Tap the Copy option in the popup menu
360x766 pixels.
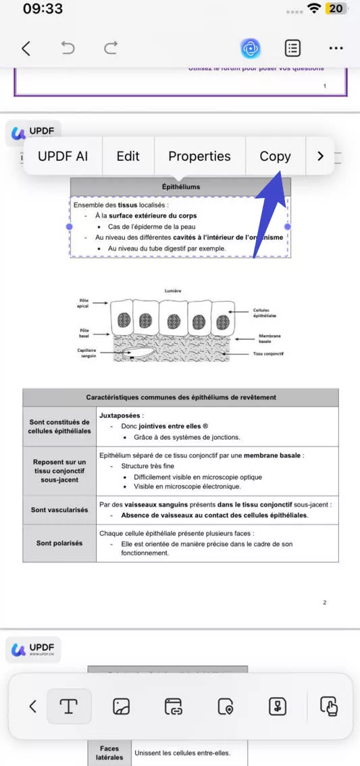pos(275,156)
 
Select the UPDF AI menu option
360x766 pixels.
pos(63,156)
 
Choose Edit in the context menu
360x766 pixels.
pos(128,156)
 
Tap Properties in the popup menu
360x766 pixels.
pos(199,156)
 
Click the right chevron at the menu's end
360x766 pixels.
pos(320,156)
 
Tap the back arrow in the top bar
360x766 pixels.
pos(26,48)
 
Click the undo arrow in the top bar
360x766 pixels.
pos(68,48)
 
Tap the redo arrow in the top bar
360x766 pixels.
pos(110,48)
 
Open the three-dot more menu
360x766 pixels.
pos(336,48)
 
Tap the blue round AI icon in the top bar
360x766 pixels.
pos(251,48)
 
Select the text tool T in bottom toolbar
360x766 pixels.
pos(68,707)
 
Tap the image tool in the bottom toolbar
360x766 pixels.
pos(121,707)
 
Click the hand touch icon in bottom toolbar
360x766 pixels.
pos(329,707)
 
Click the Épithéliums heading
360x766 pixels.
pos(181,186)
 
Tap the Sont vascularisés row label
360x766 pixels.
pos(59,510)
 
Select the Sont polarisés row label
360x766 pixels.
pos(59,543)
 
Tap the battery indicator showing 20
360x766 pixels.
pos(335,9)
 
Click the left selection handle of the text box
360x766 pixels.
pos(70,227)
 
